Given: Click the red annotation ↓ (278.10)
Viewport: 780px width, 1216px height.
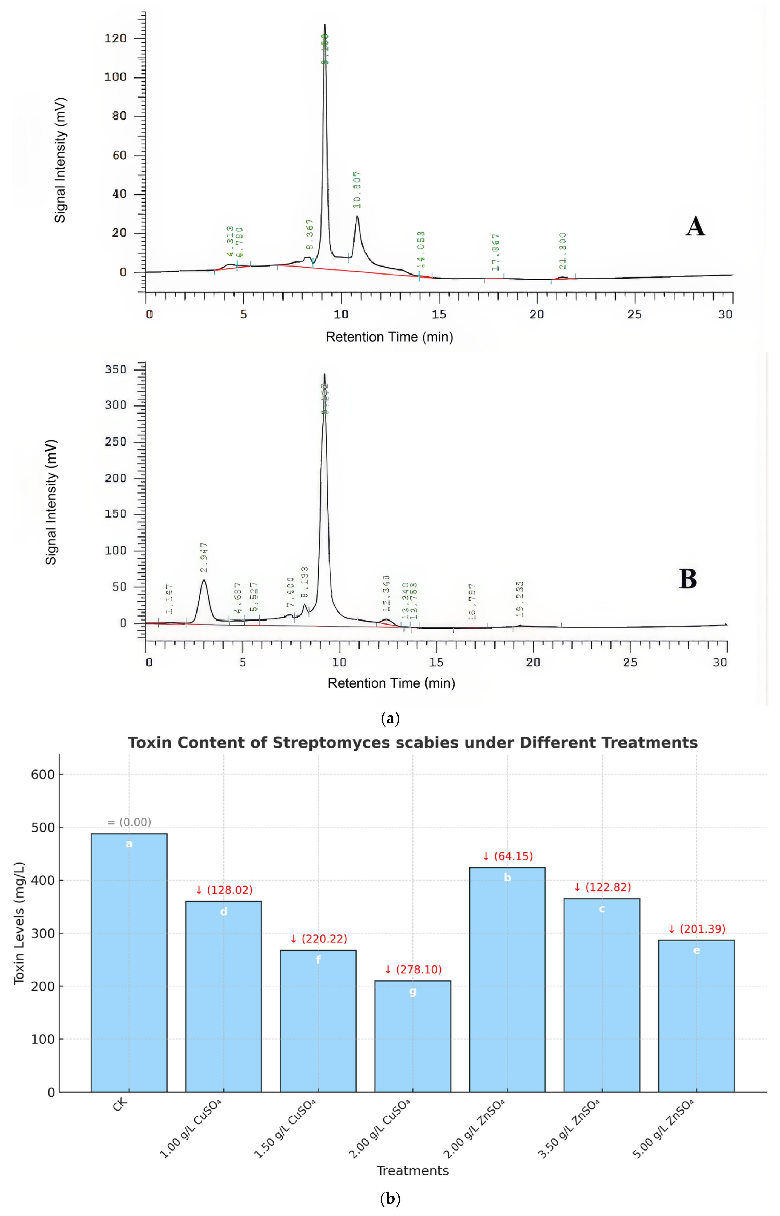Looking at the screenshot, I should coord(413,969).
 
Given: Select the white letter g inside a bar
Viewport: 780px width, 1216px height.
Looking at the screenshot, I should coord(413,992).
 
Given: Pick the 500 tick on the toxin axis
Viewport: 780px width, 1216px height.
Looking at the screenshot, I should coord(43,828).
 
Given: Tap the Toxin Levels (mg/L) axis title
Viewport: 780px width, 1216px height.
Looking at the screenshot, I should coord(19,924).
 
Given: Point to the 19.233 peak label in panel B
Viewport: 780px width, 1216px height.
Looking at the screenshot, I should coord(520,599).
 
